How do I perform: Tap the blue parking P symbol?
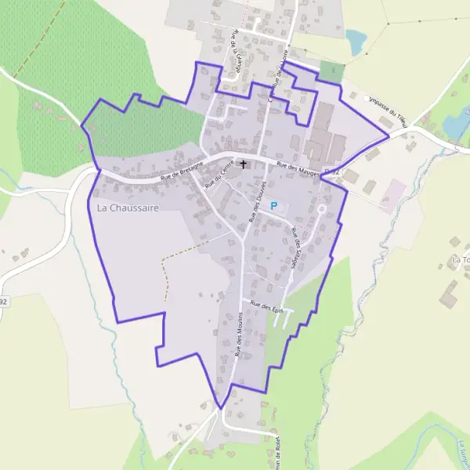pyautogui.click(x=273, y=205)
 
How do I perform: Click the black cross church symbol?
pyautogui.click(x=244, y=164)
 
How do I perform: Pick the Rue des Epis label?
pyautogui.click(x=265, y=306)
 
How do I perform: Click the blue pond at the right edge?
pyautogui.click(x=454, y=125)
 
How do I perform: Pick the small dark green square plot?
pyautogui.click(x=331, y=72)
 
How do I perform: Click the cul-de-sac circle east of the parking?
pyautogui.click(x=320, y=209)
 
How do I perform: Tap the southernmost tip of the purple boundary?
pyautogui.click(x=221, y=407)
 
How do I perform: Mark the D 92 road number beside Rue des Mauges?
pyautogui.click(x=331, y=171)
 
